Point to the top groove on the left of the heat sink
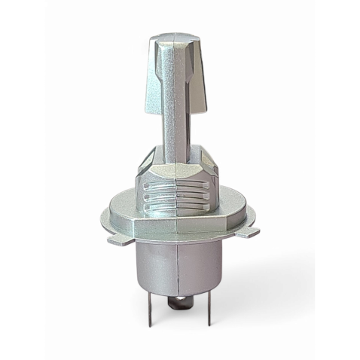coord(154,186)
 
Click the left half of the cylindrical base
coord(154,264)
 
